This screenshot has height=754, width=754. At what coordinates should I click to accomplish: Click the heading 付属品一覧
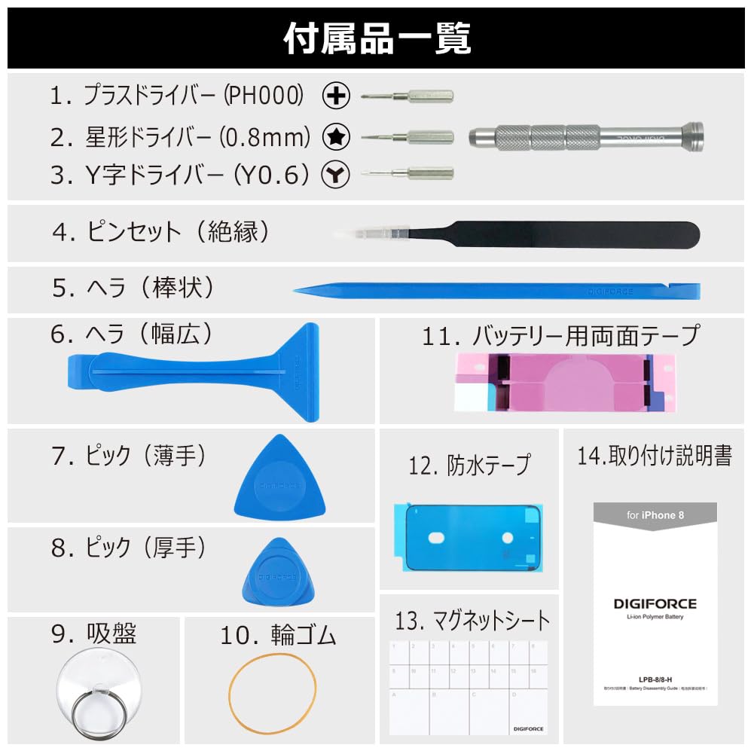[377, 38]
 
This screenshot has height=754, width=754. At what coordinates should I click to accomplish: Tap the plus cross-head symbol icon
[336, 96]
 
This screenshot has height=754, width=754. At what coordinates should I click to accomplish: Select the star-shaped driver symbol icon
[336, 136]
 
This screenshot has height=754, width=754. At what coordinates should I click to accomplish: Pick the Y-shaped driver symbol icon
[336, 175]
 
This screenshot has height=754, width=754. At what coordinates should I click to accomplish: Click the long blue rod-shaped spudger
[497, 290]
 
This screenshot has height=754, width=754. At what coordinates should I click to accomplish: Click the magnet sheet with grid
[468, 687]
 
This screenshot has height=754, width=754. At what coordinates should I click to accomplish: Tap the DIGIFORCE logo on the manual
[655, 603]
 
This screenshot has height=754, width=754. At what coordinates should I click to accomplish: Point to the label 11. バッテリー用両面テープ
[560, 335]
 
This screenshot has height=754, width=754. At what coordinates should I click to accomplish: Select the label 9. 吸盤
[93, 634]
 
